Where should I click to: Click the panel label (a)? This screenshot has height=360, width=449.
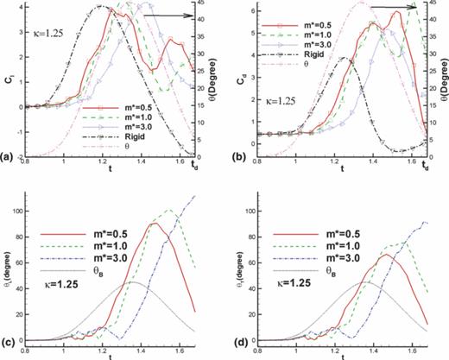click(8, 157)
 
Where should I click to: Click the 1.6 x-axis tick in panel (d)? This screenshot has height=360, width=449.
click(401, 351)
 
